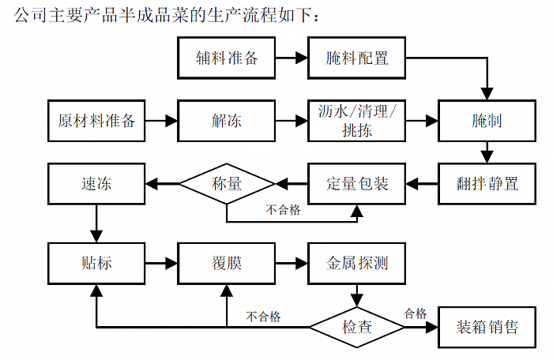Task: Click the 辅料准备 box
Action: [x=227, y=58]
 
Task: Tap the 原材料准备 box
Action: [x=96, y=121]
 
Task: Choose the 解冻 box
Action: [x=227, y=121]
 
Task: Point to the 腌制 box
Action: [x=487, y=121]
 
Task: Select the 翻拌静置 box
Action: [x=487, y=185]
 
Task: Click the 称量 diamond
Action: [x=227, y=185]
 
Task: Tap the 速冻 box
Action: [x=96, y=185]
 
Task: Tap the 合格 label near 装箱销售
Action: [x=416, y=314]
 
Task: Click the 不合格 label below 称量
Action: [x=282, y=210]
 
